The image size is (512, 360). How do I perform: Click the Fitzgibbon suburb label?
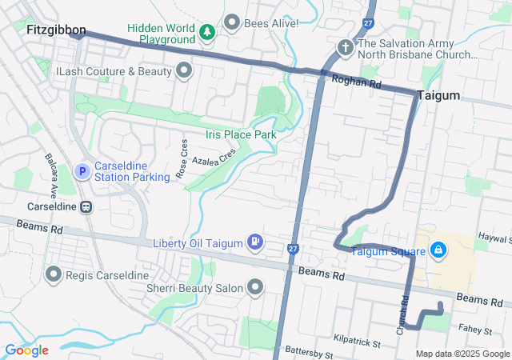point(55,30)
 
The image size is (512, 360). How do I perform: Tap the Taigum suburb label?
point(438,95)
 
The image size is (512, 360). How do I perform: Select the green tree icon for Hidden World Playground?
point(208,32)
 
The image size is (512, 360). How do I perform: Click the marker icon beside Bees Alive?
point(233,22)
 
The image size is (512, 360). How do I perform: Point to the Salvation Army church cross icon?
point(346,47)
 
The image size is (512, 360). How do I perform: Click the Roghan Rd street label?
point(355,83)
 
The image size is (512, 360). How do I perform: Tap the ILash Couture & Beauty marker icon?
point(184,71)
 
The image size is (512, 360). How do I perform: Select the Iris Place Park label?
point(241,134)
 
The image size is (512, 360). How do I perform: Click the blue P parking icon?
point(82,170)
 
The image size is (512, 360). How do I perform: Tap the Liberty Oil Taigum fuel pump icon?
point(254,242)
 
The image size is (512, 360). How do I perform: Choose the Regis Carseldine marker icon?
point(54,275)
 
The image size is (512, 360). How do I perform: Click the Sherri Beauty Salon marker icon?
point(256,286)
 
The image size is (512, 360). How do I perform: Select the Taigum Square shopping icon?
point(438,251)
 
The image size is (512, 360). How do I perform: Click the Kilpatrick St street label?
point(358,342)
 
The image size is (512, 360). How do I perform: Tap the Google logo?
point(27,350)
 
